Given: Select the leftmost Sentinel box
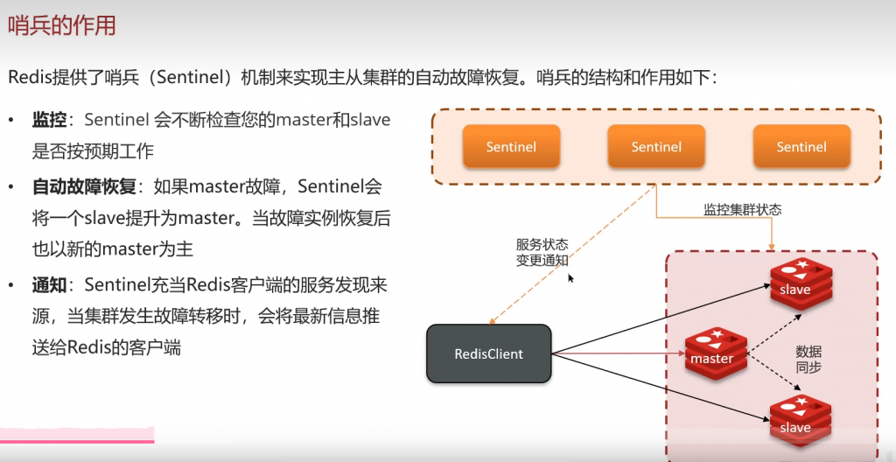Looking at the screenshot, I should (511, 147).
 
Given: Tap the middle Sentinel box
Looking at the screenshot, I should (656, 147).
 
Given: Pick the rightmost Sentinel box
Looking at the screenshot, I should (801, 147).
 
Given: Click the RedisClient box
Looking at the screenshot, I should (489, 354).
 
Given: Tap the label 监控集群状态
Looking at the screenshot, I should (742, 210).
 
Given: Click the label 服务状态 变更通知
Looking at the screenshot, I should (542, 252).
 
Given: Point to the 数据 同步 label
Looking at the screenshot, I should (808, 359).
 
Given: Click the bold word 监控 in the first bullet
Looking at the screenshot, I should (50, 120).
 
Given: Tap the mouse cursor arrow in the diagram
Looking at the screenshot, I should (570, 278).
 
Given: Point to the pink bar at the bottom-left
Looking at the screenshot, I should (77, 435).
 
